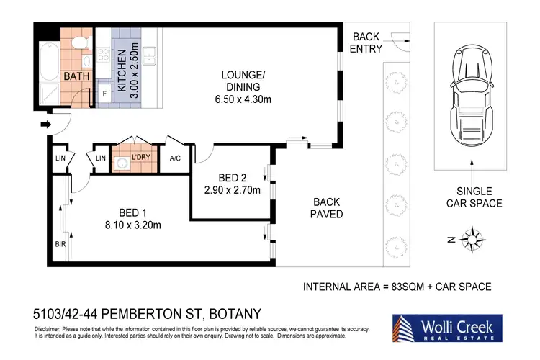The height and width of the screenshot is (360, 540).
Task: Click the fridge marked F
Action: [x=104, y=93]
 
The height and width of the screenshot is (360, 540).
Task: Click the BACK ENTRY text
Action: [x=366, y=42]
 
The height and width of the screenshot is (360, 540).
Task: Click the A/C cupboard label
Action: [x=175, y=158]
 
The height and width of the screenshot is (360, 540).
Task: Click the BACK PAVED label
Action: [x=326, y=208]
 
